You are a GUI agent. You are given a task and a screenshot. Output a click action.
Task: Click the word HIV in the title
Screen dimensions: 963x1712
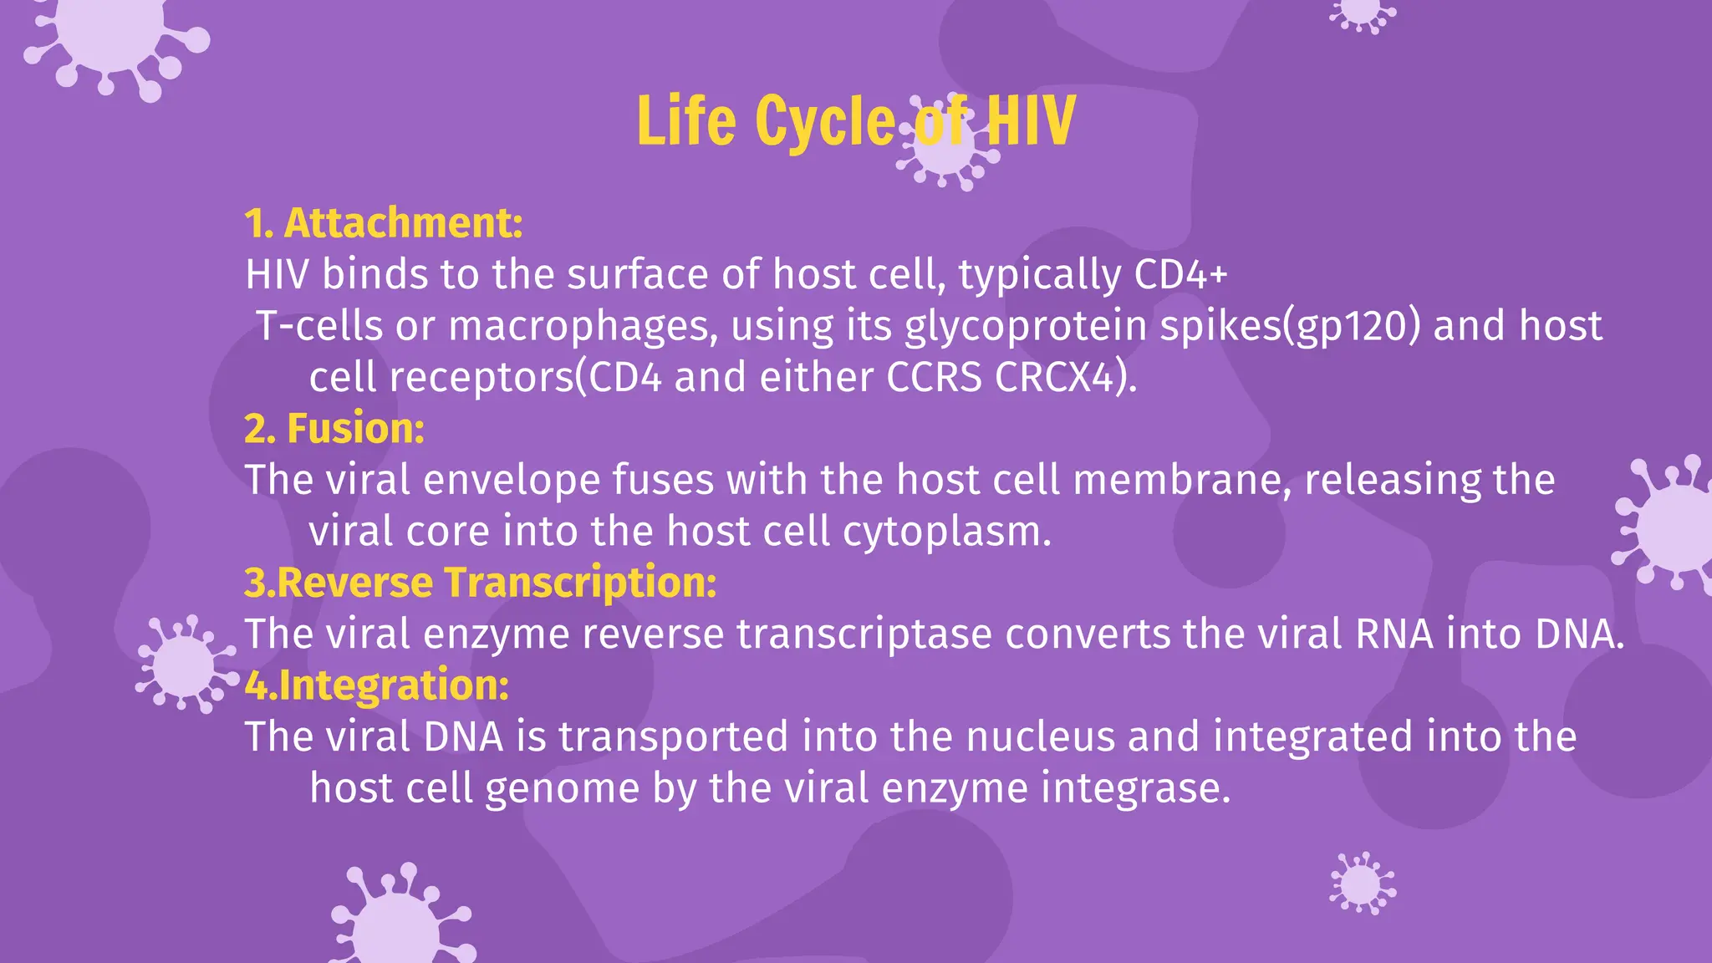[1030, 121]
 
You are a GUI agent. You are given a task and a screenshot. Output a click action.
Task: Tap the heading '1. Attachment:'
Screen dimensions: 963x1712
[384, 223]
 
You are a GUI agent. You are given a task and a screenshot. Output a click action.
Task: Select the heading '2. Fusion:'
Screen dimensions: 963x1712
[334, 429]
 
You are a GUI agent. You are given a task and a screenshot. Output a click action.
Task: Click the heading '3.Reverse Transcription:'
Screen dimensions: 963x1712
[481, 583]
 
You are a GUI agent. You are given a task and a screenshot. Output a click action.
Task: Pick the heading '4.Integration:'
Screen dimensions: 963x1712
[377, 685]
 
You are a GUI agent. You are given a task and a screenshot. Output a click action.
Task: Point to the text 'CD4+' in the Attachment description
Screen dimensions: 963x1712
[1180, 274]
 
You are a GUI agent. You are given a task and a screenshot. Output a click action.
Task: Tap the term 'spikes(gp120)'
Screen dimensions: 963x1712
[1290, 326]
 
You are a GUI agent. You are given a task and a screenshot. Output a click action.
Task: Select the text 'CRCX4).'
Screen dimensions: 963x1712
[1066, 378]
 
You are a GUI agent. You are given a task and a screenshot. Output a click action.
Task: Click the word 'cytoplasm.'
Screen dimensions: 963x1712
[946, 532]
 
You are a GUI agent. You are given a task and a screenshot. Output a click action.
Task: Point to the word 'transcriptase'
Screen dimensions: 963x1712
[864, 634]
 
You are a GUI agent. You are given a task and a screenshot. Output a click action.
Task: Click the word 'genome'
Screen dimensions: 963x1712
[562, 790]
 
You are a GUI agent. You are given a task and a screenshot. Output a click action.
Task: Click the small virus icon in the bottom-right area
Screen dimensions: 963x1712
[1362, 884]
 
